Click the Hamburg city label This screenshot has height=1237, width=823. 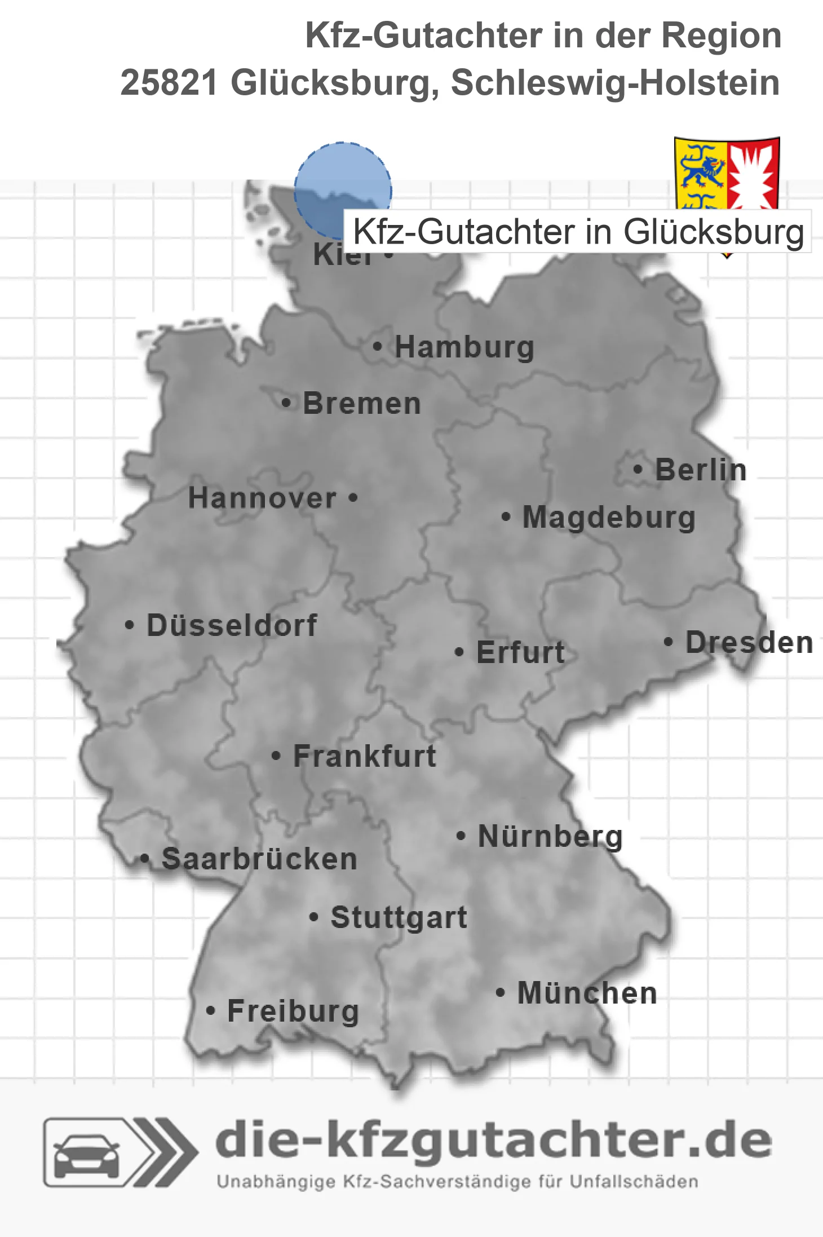[x=464, y=347]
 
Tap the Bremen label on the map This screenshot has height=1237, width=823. [x=362, y=404]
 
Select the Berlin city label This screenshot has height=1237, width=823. [x=701, y=470]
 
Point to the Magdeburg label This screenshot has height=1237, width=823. [x=609, y=517]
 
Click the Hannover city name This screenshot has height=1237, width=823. [x=262, y=498]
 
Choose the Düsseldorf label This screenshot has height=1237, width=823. [x=232, y=625]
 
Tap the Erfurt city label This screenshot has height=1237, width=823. [x=520, y=652]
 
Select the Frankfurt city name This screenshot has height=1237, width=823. [x=365, y=756]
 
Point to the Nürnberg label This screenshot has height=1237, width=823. [x=550, y=836]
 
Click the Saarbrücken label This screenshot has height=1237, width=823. [x=259, y=859]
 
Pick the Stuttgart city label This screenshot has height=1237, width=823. [x=399, y=917]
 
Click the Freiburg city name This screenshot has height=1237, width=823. [x=293, y=1011]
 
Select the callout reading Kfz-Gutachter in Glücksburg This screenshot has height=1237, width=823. [x=578, y=232]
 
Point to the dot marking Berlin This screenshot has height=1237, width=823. [x=638, y=469]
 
